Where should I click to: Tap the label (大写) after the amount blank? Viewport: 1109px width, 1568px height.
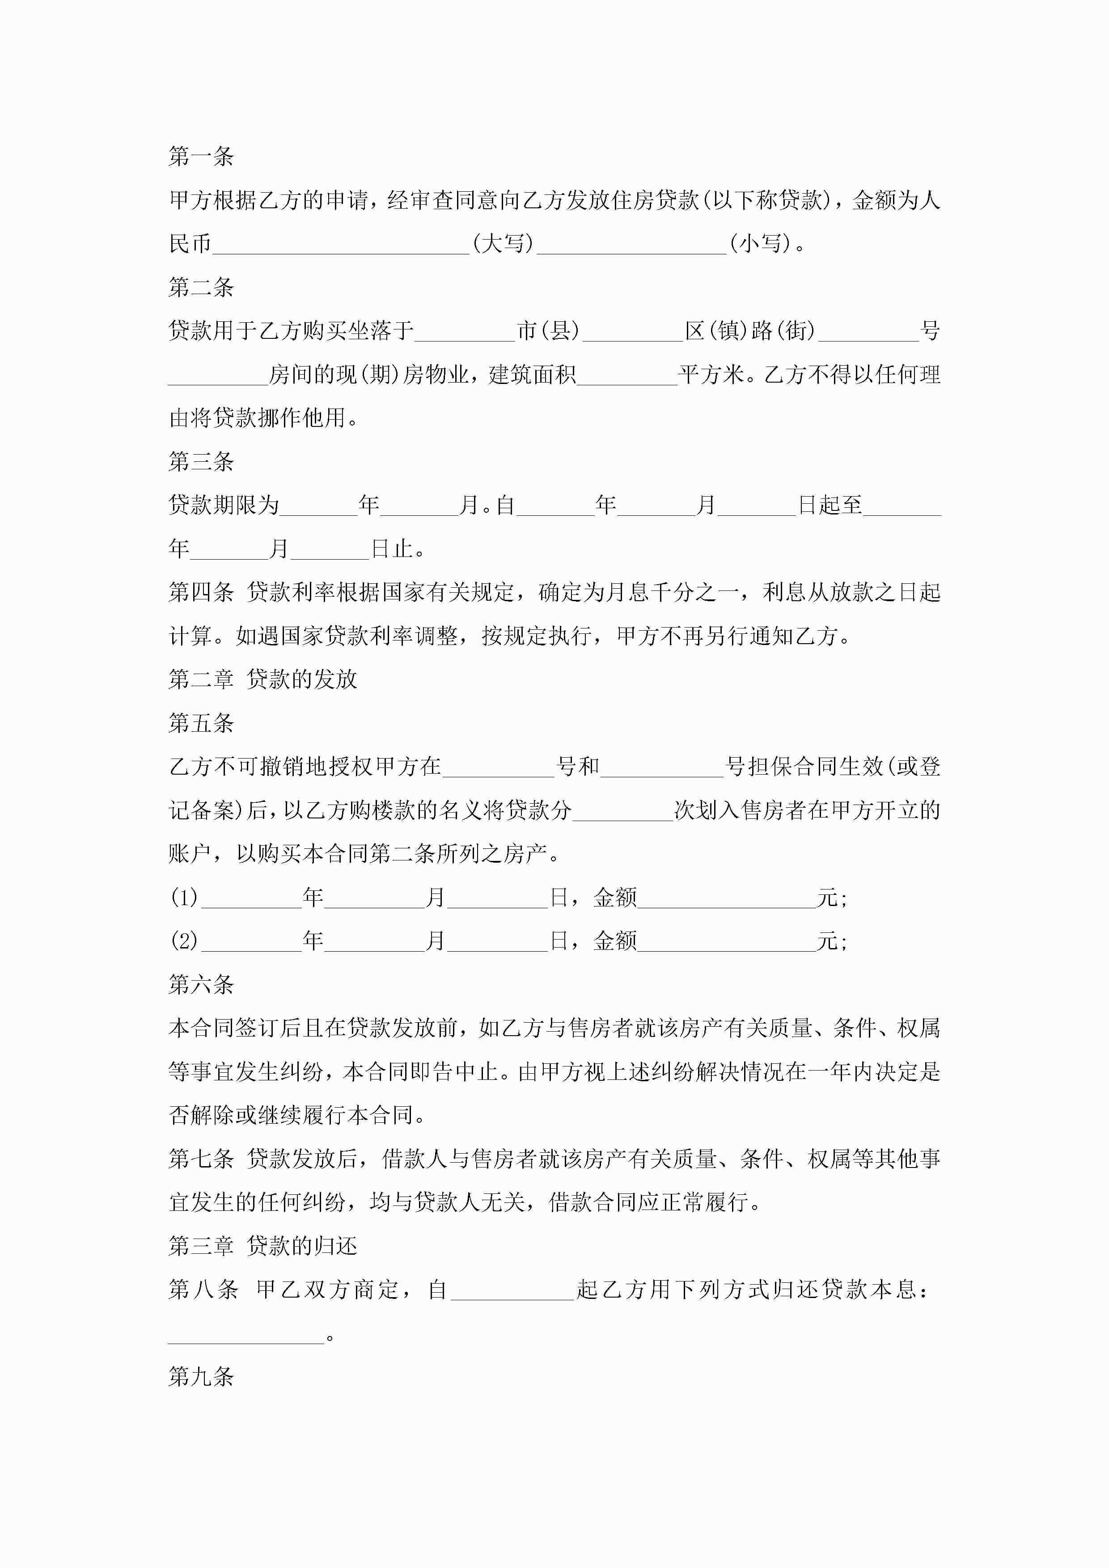[x=503, y=243]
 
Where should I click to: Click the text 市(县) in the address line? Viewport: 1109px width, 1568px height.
[x=548, y=331]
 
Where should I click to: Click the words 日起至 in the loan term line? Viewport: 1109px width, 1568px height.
[x=830, y=506]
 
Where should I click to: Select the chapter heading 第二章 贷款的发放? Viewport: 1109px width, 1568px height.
[x=262, y=679]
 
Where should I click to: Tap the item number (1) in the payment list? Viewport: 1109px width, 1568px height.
[x=184, y=898]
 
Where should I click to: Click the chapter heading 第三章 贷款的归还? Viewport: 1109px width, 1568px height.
[x=262, y=1246]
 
